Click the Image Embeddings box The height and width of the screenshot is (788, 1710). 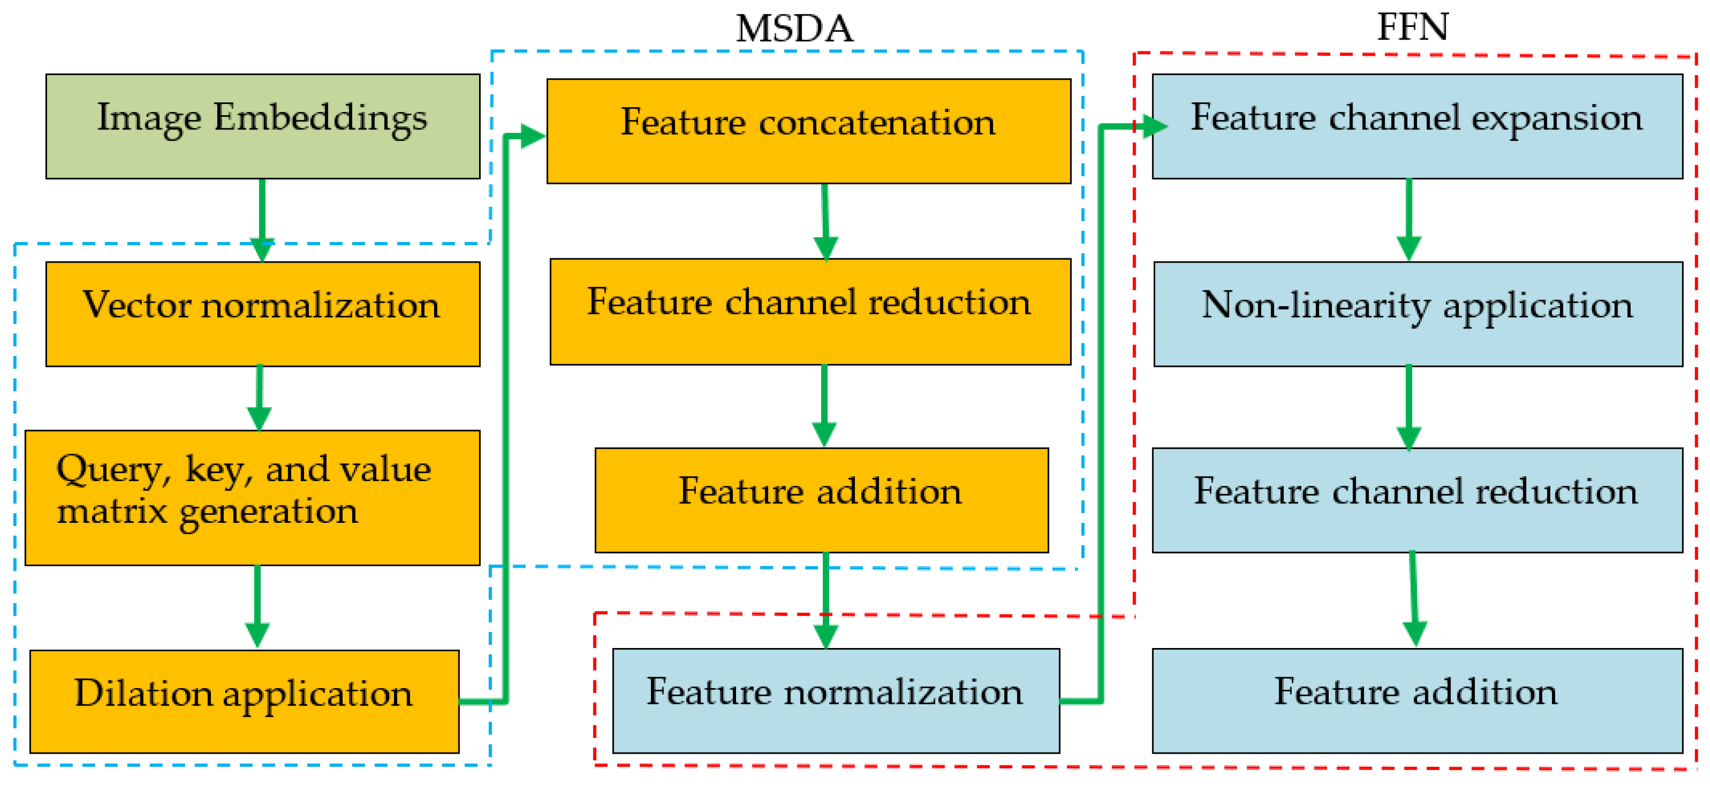tap(263, 126)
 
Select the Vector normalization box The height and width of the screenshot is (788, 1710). tap(263, 314)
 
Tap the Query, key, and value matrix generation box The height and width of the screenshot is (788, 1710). tap(252, 498)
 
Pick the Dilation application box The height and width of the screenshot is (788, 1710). tap(244, 701)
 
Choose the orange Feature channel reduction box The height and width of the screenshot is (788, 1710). tap(810, 311)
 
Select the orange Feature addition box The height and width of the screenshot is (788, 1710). tap(821, 500)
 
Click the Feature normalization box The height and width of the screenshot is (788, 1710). tap(836, 700)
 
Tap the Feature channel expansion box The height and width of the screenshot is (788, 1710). tap(1417, 126)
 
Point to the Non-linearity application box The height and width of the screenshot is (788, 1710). tap(1418, 314)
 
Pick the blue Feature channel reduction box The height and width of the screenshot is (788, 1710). tap(1417, 500)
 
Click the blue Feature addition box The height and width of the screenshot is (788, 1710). tap(1417, 700)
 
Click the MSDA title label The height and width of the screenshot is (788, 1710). tap(795, 29)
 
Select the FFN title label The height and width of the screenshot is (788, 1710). tap(1413, 27)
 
